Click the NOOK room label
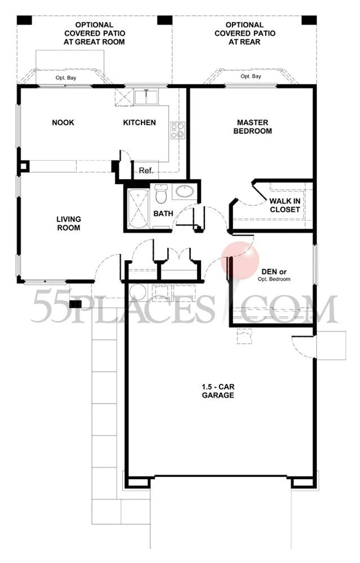pos(63,123)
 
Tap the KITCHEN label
pos(139,123)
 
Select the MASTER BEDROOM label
pos(252,127)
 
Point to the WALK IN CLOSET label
pos(285,205)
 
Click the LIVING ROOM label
pos(69,223)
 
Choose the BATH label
pos(163,214)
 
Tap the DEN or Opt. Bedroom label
pos(274,275)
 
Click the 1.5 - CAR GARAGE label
pos(218,391)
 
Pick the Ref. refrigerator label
pos(146,171)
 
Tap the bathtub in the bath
pos(137,209)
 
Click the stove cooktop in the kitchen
pos(177,130)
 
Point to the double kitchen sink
pos(146,97)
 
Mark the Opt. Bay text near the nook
pos(66,78)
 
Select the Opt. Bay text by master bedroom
pos(251,76)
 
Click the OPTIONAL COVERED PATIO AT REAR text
pos(245,34)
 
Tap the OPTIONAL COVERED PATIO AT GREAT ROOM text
pos(94,34)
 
